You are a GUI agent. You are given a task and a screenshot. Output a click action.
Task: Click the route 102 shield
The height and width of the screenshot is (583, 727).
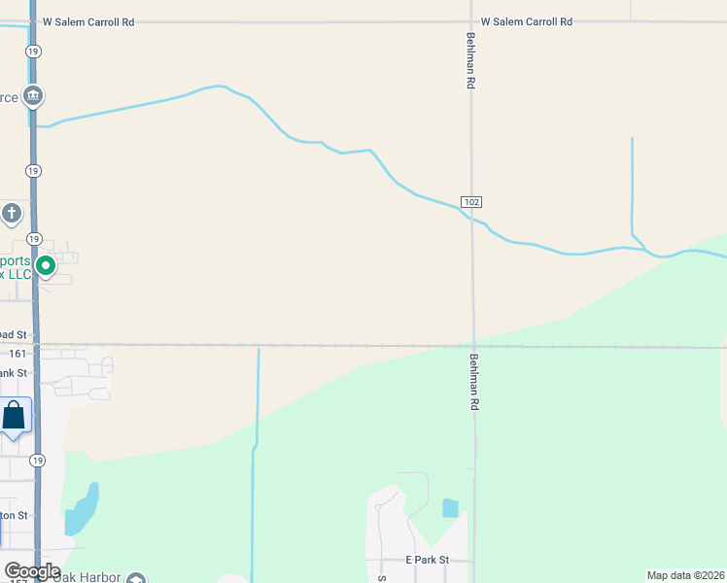click(x=471, y=201)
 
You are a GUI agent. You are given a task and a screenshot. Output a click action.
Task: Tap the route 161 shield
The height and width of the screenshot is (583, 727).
click(x=18, y=355)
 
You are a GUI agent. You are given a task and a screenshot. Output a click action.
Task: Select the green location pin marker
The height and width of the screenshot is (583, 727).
click(x=45, y=264)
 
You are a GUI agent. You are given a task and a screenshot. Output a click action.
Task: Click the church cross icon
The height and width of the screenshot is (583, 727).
click(x=12, y=212)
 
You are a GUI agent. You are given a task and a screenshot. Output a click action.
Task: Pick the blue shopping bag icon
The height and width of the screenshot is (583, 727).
click(x=15, y=416)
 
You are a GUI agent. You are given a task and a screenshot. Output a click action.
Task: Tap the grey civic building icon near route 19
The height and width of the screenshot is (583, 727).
click(x=34, y=95)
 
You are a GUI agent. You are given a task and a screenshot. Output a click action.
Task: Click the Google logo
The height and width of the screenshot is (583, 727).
click(x=31, y=571)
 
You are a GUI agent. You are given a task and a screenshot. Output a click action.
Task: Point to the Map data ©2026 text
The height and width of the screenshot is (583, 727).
click(x=685, y=574)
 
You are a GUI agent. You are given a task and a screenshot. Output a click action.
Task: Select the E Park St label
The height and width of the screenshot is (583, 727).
click(x=428, y=561)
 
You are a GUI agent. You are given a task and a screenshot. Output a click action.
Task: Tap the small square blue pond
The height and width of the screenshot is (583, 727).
click(x=449, y=507)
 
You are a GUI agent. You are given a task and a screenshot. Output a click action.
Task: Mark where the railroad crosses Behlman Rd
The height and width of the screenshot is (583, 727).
click(x=473, y=346)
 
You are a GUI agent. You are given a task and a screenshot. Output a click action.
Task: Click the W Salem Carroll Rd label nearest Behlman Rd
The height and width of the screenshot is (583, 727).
click(x=527, y=21)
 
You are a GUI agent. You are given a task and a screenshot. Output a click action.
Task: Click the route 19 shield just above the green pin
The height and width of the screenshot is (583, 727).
click(x=34, y=238)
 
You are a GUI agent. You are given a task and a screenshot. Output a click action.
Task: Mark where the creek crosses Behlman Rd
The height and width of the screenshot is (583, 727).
click(x=472, y=218)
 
